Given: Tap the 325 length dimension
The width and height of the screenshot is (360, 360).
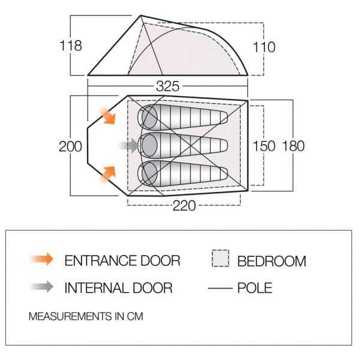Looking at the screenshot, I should coord(168,86).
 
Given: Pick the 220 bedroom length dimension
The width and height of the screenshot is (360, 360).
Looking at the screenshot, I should coord(184,206).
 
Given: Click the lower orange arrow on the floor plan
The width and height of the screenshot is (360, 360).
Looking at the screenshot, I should coord(107,174).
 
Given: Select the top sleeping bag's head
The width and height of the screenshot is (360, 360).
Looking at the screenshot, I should coord(148,116).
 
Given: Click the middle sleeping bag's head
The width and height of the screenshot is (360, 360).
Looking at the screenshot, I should coord(148,145).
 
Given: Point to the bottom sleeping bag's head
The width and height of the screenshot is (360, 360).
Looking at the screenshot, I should coord(148,173).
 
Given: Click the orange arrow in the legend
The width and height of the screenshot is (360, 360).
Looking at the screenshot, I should coord(41,260).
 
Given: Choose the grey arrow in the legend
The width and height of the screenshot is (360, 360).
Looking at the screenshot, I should coord(41,287).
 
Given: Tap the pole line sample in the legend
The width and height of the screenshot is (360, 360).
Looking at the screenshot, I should coord(220,289).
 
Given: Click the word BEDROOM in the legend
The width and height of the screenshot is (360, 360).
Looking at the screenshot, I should coord(272,261).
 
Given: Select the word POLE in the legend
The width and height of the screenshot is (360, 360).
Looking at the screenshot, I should coord(254,288).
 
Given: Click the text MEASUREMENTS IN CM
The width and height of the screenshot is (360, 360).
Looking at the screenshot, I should coord(86,316).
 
